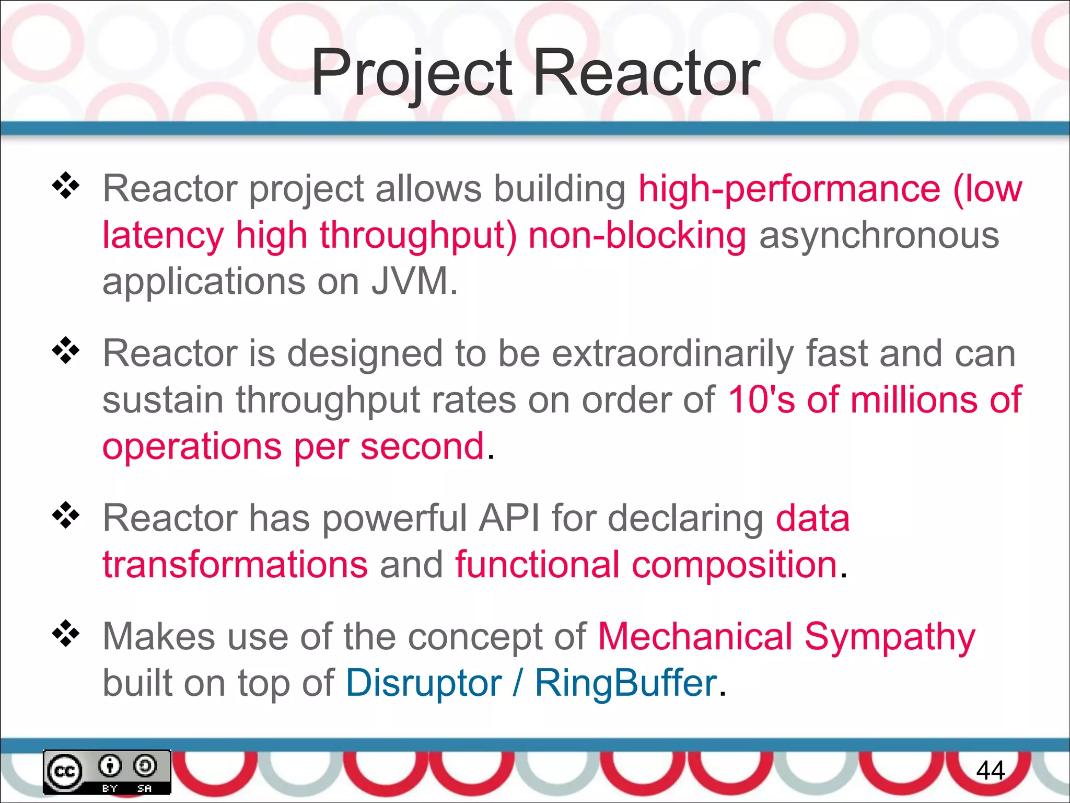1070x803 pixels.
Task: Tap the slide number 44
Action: pyautogui.click(x=990, y=771)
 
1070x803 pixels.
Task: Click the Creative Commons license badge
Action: pyautogui.click(x=107, y=772)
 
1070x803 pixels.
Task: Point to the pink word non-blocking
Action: pyautogui.click(x=637, y=235)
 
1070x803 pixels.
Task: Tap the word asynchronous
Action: pyautogui.click(x=879, y=235)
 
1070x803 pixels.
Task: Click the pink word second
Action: pyautogui.click(x=422, y=446)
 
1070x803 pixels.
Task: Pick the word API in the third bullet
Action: pyautogui.click(x=509, y=519)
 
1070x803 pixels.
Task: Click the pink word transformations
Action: pyautogui.click(x=235, y=565)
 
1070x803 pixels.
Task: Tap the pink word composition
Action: pyautogui.click(x=735, y=565)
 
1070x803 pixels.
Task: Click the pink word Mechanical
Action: pyautogui.click(x=695, y=637)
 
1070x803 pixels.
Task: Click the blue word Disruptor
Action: pyautogui.click(x=423, y=683)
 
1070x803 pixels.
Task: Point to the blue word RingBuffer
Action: pyautogui.click(x=626, y=683)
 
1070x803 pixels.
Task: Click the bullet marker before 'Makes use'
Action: pyautogui.click(x=66, y=634)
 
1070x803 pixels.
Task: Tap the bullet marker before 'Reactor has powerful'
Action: pyautogui.click(x=66, y=515)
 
